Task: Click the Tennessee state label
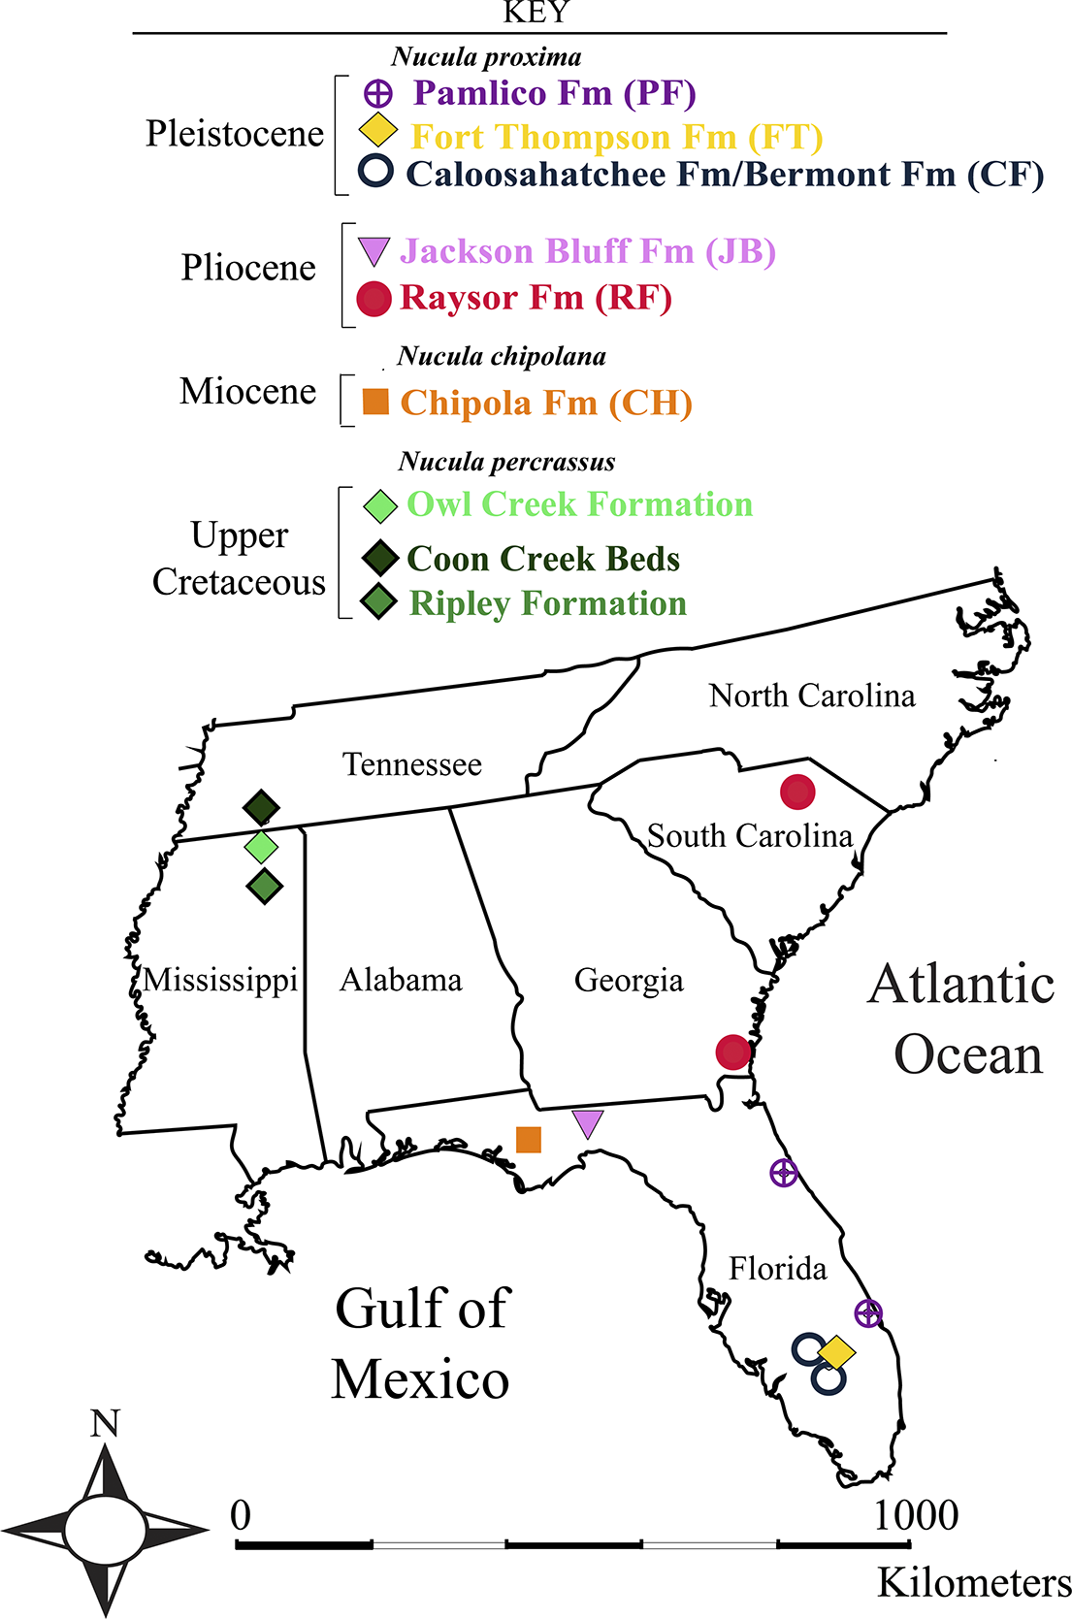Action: coord(412,764)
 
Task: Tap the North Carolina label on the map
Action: coord(812,696)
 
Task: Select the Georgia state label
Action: coord(629,980)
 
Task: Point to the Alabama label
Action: coord(401,980)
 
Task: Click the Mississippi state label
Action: coord(220,980)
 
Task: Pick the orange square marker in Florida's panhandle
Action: coord(529,1139)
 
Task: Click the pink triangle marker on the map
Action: coord(588,1123)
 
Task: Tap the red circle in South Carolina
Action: coord(797,792)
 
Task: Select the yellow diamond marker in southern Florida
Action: coord(836,1351)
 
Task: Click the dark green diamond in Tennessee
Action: coord(261,806)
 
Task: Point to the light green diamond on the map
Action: coord(261,847)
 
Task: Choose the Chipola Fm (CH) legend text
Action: coord(546,403)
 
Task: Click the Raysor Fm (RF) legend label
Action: coord(536,297)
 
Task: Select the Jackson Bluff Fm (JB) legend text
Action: coord(588,251)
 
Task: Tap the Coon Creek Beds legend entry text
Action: coord(543,559)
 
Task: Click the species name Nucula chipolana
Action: coord(502,357)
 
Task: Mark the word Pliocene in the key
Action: coord(248,268)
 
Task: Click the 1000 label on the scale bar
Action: coord(916,1515)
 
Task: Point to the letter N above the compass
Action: coord(105,1423)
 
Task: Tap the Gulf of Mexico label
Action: coord(421,1344)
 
